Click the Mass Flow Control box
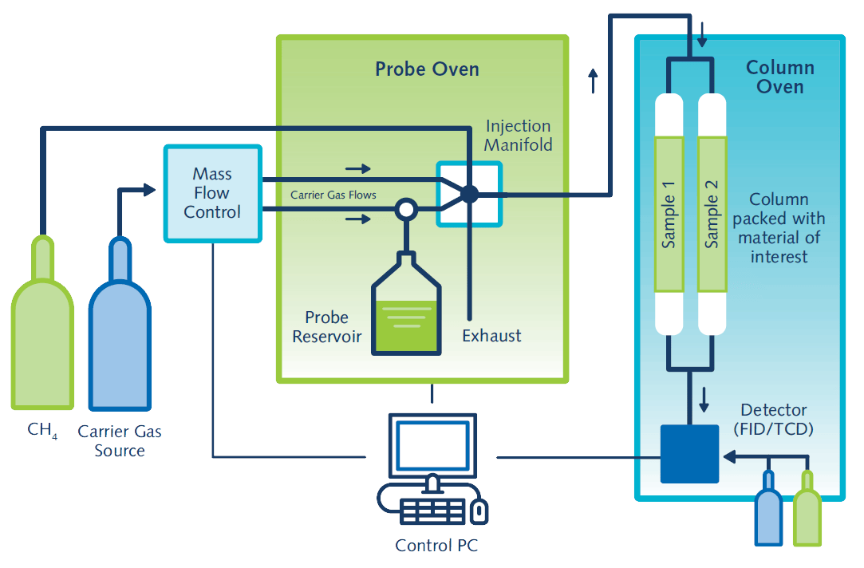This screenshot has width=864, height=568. point(212,193)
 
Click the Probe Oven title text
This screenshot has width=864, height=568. point(427,69)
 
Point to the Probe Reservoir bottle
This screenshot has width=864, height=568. point(407,311)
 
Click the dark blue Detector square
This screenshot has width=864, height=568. point(689,453)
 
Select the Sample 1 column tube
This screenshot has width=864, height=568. point(669,214)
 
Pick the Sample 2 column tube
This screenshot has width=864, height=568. point(712,214)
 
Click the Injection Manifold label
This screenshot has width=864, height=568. point(518,136)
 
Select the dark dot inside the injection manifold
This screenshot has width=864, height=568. point(469,194)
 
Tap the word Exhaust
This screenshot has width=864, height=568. point(491,336)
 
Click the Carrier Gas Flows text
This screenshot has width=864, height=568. point(333,194)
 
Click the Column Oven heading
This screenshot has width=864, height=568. point(779,77)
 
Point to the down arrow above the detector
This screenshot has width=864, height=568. point(704,400)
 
